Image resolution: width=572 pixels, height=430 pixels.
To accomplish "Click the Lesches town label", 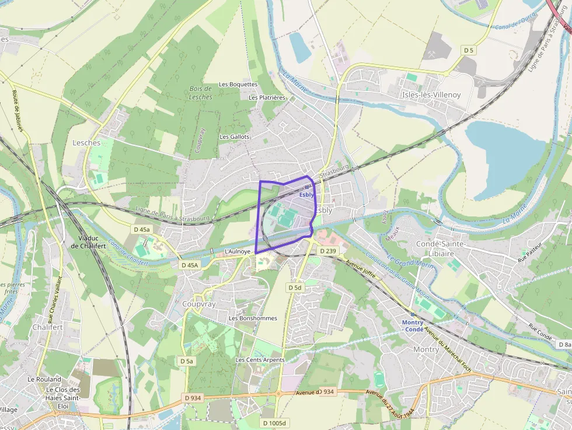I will (86, 142).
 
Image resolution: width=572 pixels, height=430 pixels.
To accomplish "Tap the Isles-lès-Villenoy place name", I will (431, 95).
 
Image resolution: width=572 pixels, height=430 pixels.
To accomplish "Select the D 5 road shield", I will (469, 51).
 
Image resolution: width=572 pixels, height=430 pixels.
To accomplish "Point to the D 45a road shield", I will (142, 229).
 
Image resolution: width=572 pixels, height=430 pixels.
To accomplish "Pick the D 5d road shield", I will (295, 288).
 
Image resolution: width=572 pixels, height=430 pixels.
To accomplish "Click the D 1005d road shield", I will (274, 423).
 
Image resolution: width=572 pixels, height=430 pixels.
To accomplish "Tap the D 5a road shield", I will (186, 361).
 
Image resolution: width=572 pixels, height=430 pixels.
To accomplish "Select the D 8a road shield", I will (564, 345).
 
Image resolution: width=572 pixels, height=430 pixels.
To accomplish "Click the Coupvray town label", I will (199, 305).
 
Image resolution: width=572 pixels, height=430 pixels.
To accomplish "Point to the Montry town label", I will (425, 349).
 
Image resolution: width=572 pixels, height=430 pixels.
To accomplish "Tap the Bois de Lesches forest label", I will (201, 93).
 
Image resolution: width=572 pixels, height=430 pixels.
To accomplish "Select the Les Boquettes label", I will (238, 84).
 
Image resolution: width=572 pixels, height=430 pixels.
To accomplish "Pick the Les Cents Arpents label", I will (260, 360).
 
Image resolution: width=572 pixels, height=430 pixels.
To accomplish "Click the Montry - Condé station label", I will (413, 326).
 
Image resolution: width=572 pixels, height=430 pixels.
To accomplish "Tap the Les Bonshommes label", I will (253, 318).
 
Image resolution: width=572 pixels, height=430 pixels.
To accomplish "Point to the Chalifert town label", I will (48, 327).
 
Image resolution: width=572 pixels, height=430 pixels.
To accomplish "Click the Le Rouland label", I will (44, 379).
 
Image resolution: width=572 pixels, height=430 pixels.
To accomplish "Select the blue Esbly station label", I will (306, 195).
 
